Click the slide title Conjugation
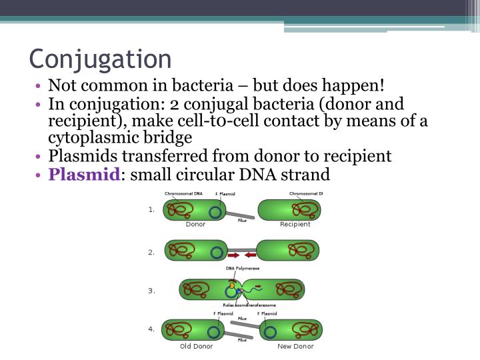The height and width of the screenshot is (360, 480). (100, 59)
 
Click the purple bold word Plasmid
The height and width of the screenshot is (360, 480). (84, 175)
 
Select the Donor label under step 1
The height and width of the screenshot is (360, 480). (195, 225)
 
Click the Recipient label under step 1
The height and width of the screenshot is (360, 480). (295, 225)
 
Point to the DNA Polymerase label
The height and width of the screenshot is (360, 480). (243, 269)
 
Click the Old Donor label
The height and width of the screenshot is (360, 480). (195, 346)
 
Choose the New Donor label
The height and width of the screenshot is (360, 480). (295, 346)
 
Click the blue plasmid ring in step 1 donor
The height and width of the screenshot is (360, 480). (215, 212)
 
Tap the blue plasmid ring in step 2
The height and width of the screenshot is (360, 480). (216, 252)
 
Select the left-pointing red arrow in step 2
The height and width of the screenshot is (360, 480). (249, 254)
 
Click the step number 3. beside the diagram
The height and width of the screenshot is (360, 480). (151, 291)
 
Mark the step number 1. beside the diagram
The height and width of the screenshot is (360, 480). (151, 209)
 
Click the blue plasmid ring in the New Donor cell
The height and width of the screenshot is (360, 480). (270, 331)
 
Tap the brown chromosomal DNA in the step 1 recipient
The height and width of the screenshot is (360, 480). (305, 211)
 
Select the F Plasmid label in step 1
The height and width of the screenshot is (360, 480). (225, 194)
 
